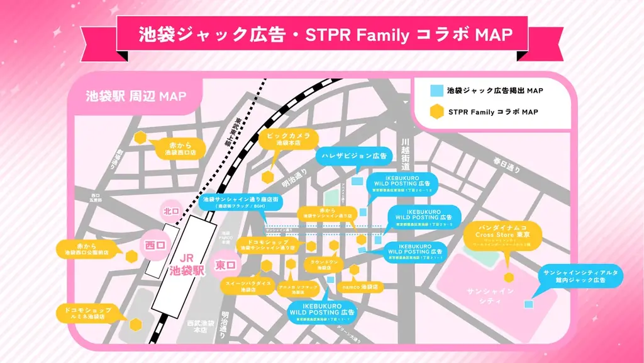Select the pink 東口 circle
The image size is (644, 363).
(225, 265)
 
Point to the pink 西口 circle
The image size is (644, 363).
(154, 243)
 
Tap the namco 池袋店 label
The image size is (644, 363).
(360, 286)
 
